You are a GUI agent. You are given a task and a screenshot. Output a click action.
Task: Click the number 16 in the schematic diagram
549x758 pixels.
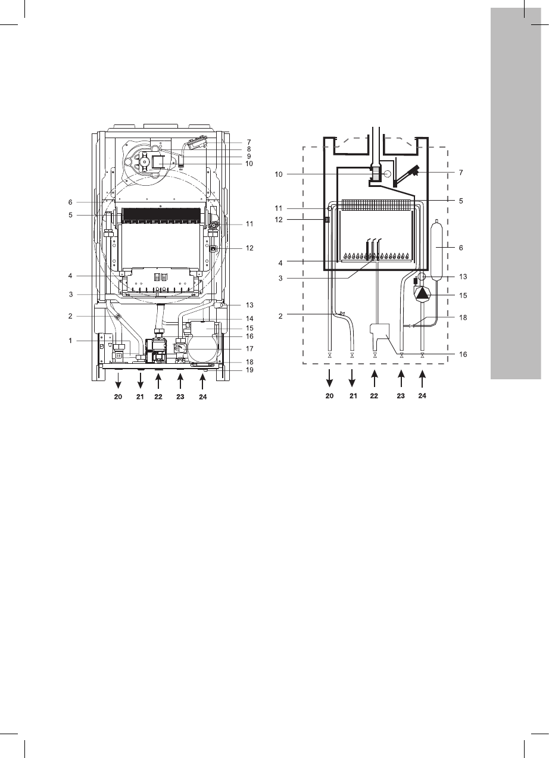[x=463, y=354]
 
